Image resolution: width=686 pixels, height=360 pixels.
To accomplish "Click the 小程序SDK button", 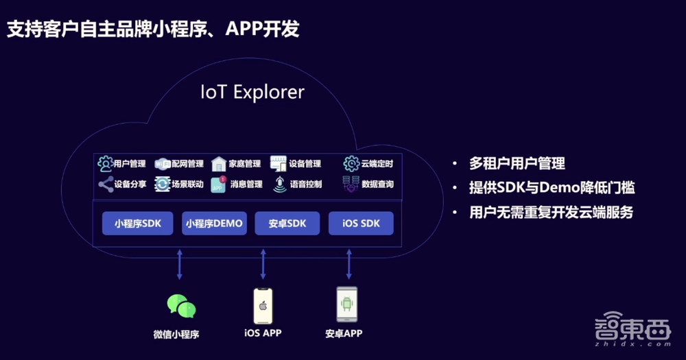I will pos(137,224).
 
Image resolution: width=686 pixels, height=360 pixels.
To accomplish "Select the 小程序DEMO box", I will pos(214,224).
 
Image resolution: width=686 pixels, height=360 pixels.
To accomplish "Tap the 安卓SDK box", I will pos(287,224).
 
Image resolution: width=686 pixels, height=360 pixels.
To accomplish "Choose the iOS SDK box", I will pos(360,224).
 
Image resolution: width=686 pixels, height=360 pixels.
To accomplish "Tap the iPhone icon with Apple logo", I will pos(263,306).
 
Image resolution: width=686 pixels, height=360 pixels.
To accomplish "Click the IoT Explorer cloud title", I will pos(252,92).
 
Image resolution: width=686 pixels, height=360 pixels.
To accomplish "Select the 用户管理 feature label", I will pos(130,164).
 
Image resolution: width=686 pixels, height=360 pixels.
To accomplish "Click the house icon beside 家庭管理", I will pos(219,164).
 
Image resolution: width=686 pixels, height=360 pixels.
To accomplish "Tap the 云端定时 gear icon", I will pos(351,164).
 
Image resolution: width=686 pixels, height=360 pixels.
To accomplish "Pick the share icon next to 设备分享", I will pos(105,184).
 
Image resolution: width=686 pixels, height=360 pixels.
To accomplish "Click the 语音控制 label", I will pos(305,184).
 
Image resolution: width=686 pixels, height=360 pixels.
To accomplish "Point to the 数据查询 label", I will pos(377,184).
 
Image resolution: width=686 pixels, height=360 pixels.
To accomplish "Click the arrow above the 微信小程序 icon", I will pos(180,264).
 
